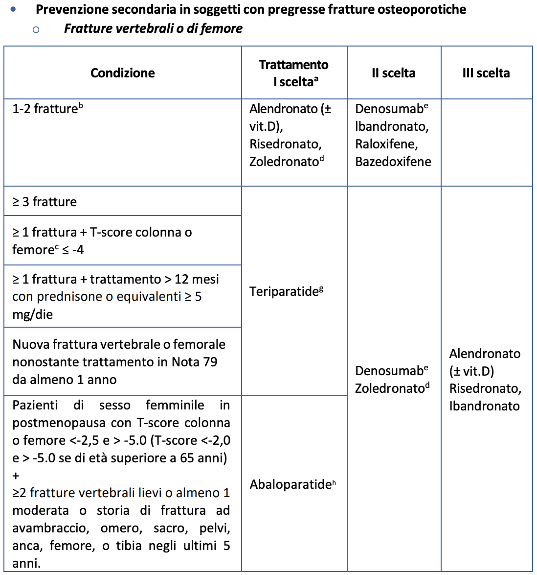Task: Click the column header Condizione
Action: [122, 73]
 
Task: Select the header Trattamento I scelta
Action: [293, 73]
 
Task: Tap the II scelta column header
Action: [393, 73]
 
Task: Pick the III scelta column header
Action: [486, 73]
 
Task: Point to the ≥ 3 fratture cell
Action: [45, 202]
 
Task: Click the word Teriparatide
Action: [284, 292]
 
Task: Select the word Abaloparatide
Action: [291, 485]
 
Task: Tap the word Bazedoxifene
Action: [393, 162]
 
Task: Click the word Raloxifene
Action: [386, 144]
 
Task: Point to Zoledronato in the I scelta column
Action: [284, 162]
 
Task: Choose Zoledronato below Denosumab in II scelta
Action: [390, 388]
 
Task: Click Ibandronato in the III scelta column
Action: [484, 406]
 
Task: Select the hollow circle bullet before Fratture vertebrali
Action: [36, 29]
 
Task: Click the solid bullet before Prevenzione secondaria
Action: [13, 9]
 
